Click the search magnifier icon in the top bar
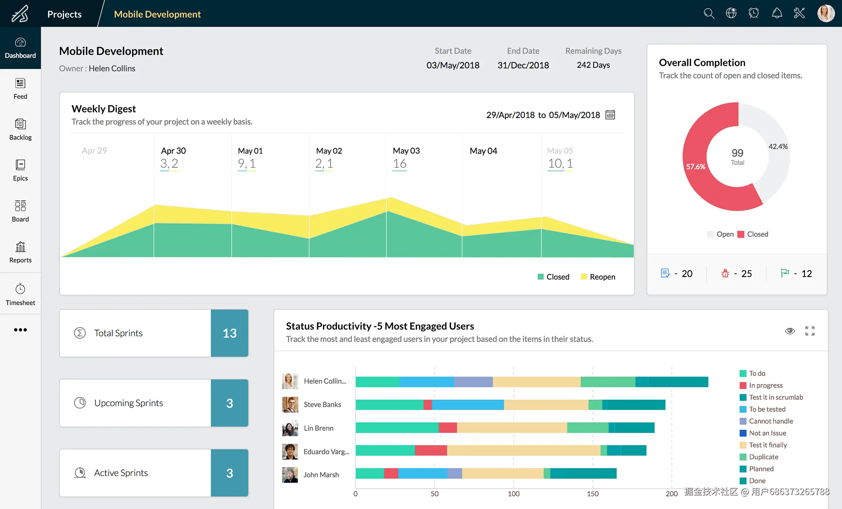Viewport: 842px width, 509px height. (x=709, y=14)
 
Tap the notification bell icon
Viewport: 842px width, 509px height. (x=777, y=13)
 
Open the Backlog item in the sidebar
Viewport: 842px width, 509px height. (x=20, y=129)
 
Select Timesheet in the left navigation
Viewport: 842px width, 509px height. (x=20, y=295)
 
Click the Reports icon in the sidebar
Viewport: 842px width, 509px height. (x=21, y=247)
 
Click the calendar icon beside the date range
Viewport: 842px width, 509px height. (x=610, y=115)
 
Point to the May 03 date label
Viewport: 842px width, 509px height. (x=406, y=151)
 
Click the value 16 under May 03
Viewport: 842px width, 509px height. (x=399, y=164)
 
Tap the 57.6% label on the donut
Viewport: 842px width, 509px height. (x=696, y=167)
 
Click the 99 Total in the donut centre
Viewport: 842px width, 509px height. (x=737, y=156)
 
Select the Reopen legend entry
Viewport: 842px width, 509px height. (x=598, y=277)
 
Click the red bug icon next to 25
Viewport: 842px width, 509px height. (x=725, y=273)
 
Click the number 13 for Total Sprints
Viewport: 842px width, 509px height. (x=230, y=333)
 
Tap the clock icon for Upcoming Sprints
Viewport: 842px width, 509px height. (x=80, y=403)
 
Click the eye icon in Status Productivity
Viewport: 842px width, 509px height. (x=790, y=331)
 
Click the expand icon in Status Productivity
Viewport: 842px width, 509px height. (x=810, y=331)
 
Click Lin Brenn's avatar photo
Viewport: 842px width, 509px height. (x=290, y=428)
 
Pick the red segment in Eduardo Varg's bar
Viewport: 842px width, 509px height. (x=431, y=450)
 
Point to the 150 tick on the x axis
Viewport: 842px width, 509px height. (x=593, y=494)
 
